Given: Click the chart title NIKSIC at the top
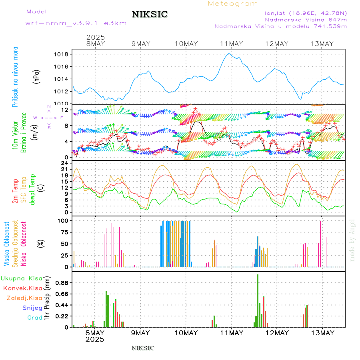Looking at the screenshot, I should click(x=150, y=15).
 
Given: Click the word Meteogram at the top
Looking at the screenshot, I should click(x=233, y=4).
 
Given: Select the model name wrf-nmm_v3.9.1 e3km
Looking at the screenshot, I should click(x=76, y=23).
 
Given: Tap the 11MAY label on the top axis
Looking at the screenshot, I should click(x=231, y=44).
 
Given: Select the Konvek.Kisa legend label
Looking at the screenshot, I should click(x=22, y=288).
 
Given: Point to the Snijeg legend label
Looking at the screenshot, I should click(x=32, y=308).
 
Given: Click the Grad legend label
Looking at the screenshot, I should click(x=34, y=318).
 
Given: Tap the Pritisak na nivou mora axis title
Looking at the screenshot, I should click(x=15, y=76).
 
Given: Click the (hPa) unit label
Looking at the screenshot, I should click(x=36, y=76).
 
